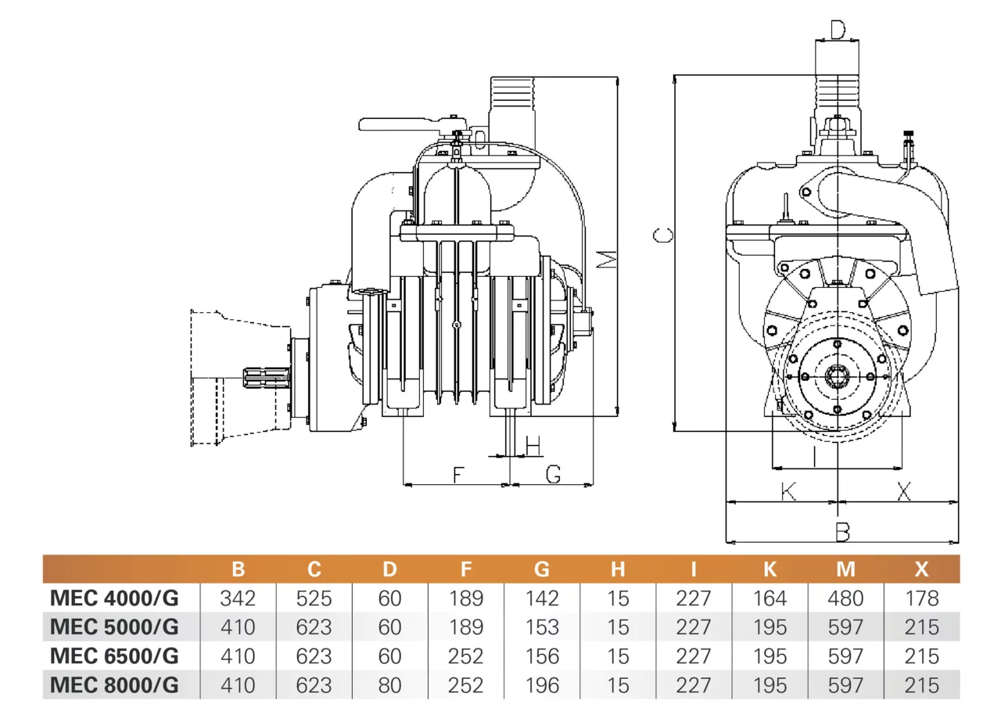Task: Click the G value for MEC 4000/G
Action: click(542, 598)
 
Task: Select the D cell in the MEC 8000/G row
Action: click(389, 685)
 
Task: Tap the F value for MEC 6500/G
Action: click(465, 656)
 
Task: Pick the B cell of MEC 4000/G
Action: click(238, 598)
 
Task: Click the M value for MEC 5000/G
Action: click(845, 627)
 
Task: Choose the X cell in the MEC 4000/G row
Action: click(922, 598)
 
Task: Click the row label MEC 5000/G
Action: click(114, 627)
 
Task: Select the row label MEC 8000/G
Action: click(114, 685)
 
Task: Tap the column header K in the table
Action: click(770, 569)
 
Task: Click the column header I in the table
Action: click(694, 569)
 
